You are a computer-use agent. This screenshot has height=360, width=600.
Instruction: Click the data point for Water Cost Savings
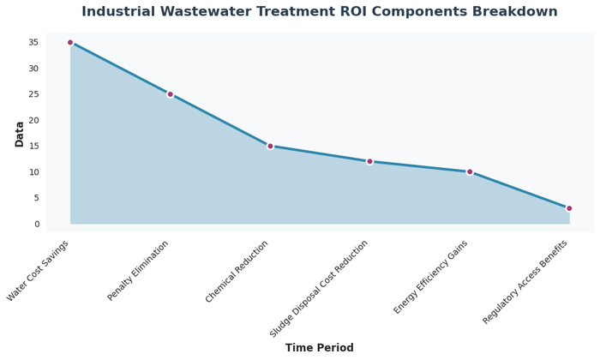70,42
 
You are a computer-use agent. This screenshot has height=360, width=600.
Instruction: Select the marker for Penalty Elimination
170,94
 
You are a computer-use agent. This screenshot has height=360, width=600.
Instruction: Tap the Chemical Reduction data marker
270,146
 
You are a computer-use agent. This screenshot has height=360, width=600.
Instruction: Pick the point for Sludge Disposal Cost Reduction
369,161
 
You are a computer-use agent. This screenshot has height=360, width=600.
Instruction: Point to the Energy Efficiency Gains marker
470,171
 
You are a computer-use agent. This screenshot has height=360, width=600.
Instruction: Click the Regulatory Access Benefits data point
569,208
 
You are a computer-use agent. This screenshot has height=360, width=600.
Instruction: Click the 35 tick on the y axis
33,42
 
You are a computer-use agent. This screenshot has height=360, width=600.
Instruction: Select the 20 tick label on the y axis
33,120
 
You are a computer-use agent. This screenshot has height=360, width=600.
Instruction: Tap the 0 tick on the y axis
36,224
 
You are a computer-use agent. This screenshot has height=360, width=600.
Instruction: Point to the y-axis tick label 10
33,172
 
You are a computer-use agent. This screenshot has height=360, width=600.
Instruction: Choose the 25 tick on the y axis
33,94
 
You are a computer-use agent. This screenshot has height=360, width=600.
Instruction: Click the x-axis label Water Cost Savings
39,271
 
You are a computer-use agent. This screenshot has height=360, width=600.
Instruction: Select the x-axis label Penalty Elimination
139,271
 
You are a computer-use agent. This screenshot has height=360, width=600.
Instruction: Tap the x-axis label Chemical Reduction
237,272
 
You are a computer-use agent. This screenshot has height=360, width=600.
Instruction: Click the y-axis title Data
20,133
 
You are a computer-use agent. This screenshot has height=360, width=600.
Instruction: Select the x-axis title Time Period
319,348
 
